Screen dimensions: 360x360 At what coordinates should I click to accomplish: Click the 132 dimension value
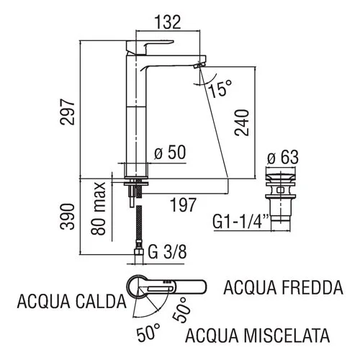(x=168, y=22)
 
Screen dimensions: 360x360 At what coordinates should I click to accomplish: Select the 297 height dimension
(x=68, y=112)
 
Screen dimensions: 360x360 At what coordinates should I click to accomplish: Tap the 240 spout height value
(x=242, y=122)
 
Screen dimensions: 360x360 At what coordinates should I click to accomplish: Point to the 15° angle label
(x=220, y=89)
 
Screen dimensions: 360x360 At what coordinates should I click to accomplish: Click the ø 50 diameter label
(x=170, y=152)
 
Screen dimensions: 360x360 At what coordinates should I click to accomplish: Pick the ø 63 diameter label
(x=283, y=157)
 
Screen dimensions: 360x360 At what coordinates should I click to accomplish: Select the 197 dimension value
(x=183, y=204)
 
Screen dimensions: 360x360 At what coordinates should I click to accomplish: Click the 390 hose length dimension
(x=68, y=217)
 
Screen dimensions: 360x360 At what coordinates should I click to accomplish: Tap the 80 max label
(x=98, y=208)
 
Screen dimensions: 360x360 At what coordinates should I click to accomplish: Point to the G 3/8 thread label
(x=167, y=252)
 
